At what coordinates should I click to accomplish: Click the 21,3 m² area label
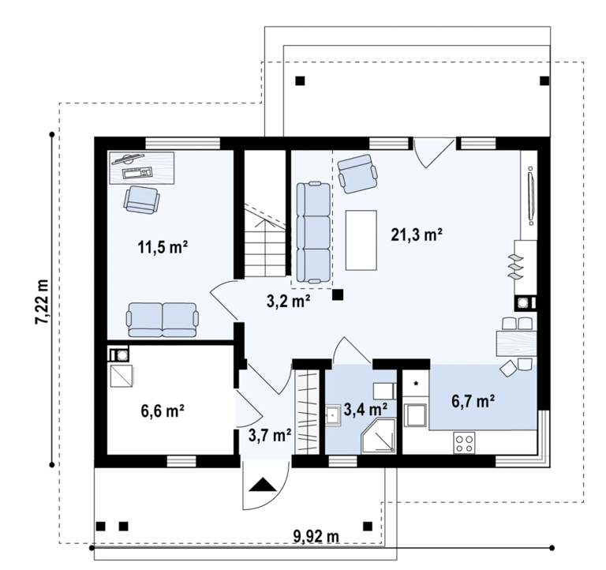[x=417, y=234]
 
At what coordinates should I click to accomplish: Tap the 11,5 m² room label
[x=163, y=247]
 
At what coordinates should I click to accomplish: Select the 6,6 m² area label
[x=163, y=411]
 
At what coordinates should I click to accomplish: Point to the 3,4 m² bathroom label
[x=365, y=410]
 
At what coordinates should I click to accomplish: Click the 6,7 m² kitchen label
[x=473, y=401]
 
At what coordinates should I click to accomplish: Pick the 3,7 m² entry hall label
[x=270, y=436]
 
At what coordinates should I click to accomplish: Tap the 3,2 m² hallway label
[x=289, y=302]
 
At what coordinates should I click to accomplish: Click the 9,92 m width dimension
[x=316, y=536]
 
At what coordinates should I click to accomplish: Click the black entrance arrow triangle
[x=263, y=484]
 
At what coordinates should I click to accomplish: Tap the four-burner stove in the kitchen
[x=464, y=443]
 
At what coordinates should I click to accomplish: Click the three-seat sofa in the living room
[x=313, y=232]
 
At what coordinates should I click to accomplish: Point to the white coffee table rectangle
[x=361, y=240]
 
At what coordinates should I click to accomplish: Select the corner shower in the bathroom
[x=379, y=435]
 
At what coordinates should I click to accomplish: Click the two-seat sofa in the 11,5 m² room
[x=163, y=320]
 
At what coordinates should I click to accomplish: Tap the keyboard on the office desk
[x=137, y=172]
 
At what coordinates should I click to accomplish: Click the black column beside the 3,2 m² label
[x=338, y=294]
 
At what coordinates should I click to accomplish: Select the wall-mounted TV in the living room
[x=531, y=196]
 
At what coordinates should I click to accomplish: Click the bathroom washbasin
[x=333, y=416]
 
